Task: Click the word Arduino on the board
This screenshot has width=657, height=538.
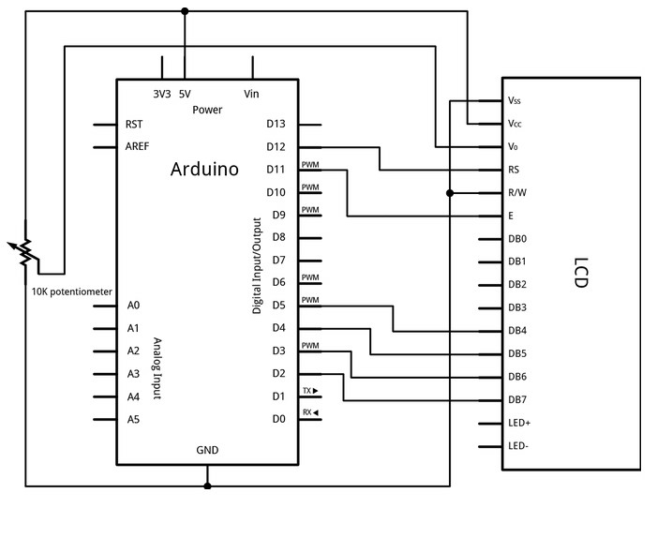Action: tap(204, 170)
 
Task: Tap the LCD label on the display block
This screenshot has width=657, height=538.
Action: tap(580, 272)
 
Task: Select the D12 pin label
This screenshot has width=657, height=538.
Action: tap(276, 147)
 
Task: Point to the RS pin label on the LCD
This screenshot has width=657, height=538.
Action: tap(514, 170)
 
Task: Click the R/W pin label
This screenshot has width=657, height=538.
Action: tap(516, 193)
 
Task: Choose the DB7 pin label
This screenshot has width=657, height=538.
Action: tap(517, 400)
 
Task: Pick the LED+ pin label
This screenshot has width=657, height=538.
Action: tap(519, 424)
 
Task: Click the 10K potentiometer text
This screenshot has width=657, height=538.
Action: tap(71, 291)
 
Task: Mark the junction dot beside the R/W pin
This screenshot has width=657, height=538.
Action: tap(451, 193)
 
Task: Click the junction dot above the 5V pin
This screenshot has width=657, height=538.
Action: tap(185, 11)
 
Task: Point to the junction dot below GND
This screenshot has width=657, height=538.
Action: tap(207, 486)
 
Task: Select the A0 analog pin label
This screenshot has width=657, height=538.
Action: tap(133, 306)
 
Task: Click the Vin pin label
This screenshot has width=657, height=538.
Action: tap(251, 94)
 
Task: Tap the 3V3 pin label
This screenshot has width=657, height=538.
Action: tap(161, 94)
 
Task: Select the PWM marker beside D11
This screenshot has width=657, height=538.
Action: tap(310, 165)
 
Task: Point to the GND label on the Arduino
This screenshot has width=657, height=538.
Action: tap(207, 450)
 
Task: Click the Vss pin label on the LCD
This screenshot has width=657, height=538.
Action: tap(515, 99)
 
